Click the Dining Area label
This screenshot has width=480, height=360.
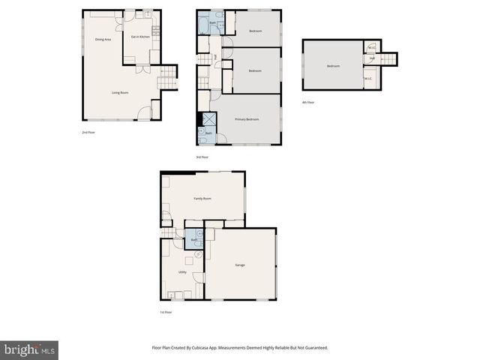tap(103, 39)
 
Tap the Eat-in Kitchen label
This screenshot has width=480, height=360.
tap(140, 37)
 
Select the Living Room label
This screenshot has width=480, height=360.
tap(120, 93)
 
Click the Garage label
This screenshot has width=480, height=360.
tap(240, 265)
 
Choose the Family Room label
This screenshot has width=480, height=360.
tap(202, 199)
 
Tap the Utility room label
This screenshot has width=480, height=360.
tap(182, 272)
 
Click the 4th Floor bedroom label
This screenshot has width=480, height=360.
tap(333, 66)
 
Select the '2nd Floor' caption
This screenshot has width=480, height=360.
tap(88, 132)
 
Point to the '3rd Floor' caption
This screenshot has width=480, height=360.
tap(202, 157)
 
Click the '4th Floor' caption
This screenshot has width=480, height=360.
tap(308, 102)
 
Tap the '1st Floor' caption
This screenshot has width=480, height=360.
tap(166, 312)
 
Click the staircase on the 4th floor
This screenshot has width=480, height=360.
tap(388, 59)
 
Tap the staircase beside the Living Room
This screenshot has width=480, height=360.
tap(169, 77)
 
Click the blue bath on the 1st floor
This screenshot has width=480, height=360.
tap(194, 238)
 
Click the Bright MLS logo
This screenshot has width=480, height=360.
tap(29, 349)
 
